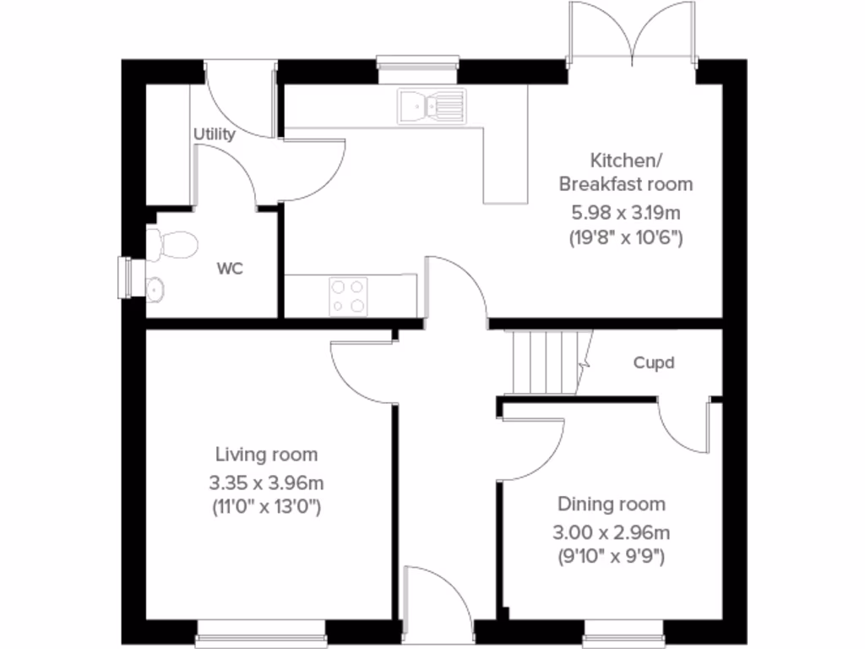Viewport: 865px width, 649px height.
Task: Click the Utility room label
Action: coord(215,134)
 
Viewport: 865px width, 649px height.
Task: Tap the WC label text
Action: coord(230,270)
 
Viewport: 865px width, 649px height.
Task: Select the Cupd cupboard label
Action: coord(655,363)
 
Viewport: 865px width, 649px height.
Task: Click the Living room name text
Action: coord(266,455)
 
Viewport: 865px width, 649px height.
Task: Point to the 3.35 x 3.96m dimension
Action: coord(266,483)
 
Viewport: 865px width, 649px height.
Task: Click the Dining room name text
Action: coord(611,504)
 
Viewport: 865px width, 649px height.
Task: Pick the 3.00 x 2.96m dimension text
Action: coord(611,532)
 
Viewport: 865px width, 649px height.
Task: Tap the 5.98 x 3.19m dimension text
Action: coord(625,211)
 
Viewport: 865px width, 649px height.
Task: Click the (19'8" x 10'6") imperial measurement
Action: coord(625,237)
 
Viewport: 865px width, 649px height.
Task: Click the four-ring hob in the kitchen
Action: coord(349,296)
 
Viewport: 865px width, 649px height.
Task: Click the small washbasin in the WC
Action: coord(155,290)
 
